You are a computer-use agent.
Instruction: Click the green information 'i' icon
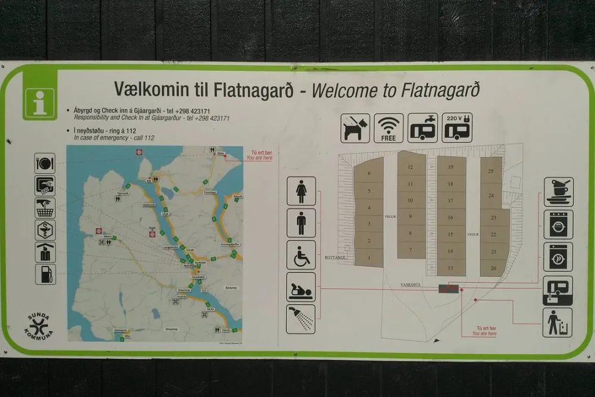coord(40,101)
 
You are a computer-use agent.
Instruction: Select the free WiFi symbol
coord(389,128)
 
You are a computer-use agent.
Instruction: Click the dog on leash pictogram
coord(355,128)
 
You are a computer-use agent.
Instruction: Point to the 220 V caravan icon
coord(457,128)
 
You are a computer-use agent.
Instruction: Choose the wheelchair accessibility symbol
coord(301,255)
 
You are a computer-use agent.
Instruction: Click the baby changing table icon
coord(301,287)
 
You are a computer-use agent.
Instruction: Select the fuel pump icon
coord(45,274)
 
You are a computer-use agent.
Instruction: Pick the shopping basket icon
coord(45,208)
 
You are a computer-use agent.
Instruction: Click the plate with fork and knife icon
coord(45,163)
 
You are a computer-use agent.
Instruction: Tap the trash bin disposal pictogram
coord(558,323)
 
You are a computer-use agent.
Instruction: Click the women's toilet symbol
coord(301,191)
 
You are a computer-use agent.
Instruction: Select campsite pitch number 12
coord(411,167)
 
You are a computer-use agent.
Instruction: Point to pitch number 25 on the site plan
coord(491,171)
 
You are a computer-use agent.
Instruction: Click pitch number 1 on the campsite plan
coord(369,258)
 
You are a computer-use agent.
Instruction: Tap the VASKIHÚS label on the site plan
coord(410,285)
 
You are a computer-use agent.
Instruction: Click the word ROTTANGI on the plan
coord(336,258)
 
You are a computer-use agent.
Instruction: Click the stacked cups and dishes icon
coord(558,192)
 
